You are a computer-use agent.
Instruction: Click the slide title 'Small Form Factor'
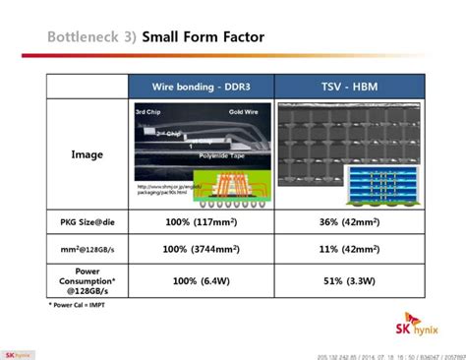203,38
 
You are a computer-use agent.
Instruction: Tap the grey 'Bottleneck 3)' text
92,38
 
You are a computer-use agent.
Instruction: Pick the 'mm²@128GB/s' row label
87,250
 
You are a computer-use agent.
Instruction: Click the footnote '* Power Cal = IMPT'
76,307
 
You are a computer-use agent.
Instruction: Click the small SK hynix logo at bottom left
19,353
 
